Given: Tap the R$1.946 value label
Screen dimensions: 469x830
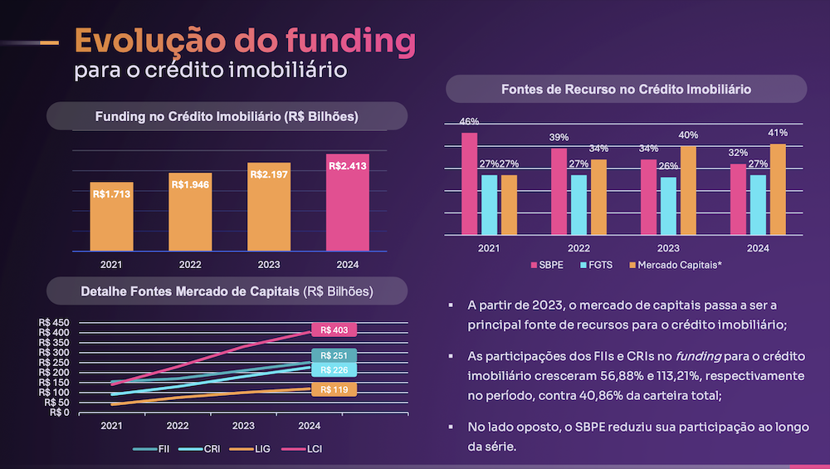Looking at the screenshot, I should (x=191, y=184).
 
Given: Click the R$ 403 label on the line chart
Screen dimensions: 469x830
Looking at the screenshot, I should (x=334, y=330).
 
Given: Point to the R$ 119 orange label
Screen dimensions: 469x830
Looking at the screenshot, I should (x=334, y=388).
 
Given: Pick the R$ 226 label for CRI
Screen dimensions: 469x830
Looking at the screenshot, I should (x=334, y=369).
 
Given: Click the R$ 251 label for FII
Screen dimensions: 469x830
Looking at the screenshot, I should (x=334, y=355).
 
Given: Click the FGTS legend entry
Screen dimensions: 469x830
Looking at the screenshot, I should (x=600, y=265).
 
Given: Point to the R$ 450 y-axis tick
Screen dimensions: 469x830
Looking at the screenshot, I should (x=55, y=323).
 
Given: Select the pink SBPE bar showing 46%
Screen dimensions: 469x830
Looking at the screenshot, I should (x=470, y=183).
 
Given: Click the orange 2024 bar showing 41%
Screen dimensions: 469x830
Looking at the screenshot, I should (x=778, y=189).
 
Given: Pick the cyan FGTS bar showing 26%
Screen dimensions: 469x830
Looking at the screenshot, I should (x=669, y=206).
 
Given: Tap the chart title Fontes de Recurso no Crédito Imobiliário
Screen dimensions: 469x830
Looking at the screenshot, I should (x=627, y=89).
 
